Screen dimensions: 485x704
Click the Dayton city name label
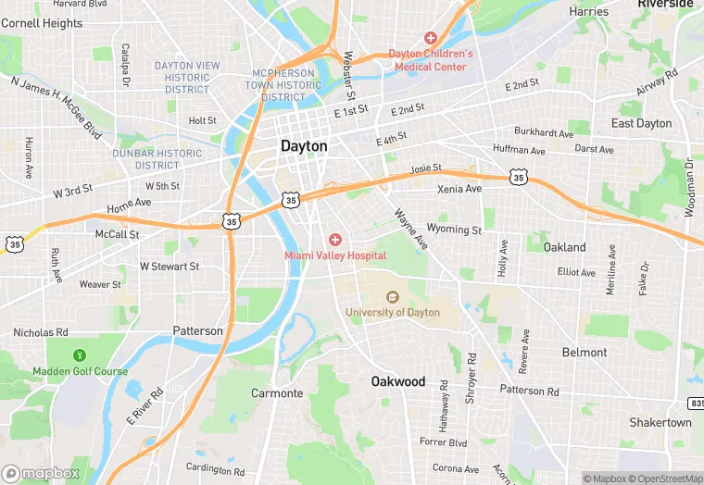(x=304, y=146)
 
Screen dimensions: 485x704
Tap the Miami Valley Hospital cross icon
(x=335, y=240)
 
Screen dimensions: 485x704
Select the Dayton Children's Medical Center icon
(x=430, y=38)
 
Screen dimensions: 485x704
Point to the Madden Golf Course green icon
(x=80, y=354)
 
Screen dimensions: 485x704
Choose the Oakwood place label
(x=398, y=381)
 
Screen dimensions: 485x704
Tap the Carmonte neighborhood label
(x=277, y=393)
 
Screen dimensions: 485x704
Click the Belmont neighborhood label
(x=585, y=353)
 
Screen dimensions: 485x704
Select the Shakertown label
(x=660, y=422)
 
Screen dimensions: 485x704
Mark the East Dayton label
(x=641, y=123)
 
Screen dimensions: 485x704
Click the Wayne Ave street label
(x=411, y=229)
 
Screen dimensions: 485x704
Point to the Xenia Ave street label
(x=459, y=189)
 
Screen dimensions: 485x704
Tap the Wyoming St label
(x=454, y=230)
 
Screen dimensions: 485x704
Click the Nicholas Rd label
(x=41, y=332)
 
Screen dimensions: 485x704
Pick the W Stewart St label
(x=170, y=267)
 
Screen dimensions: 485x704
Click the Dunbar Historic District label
(x=157, y=159)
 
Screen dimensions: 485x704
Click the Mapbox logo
(x=40, y=473)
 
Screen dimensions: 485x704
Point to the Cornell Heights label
(x=42, y=23)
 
